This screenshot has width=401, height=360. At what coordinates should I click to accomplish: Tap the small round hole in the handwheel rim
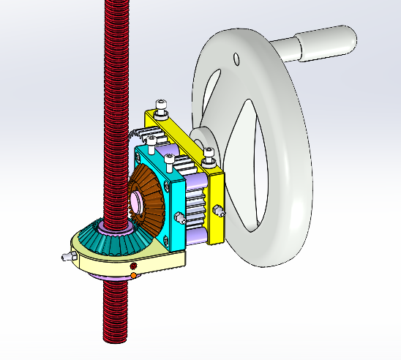point(236,59)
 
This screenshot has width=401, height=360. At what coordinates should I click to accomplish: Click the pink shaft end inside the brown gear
point(137,203)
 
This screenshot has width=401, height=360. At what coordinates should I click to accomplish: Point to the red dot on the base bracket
point(135,266)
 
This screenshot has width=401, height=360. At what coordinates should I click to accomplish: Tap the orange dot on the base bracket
point(133,275)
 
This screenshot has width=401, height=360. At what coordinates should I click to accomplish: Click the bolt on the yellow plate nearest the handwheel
point(209,153)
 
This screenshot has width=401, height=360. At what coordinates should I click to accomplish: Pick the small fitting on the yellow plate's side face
point(218,212)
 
